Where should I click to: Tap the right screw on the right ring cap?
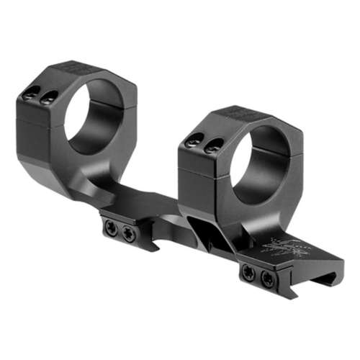[x=212, y=148]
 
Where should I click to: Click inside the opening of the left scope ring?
[x=91, y=115]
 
